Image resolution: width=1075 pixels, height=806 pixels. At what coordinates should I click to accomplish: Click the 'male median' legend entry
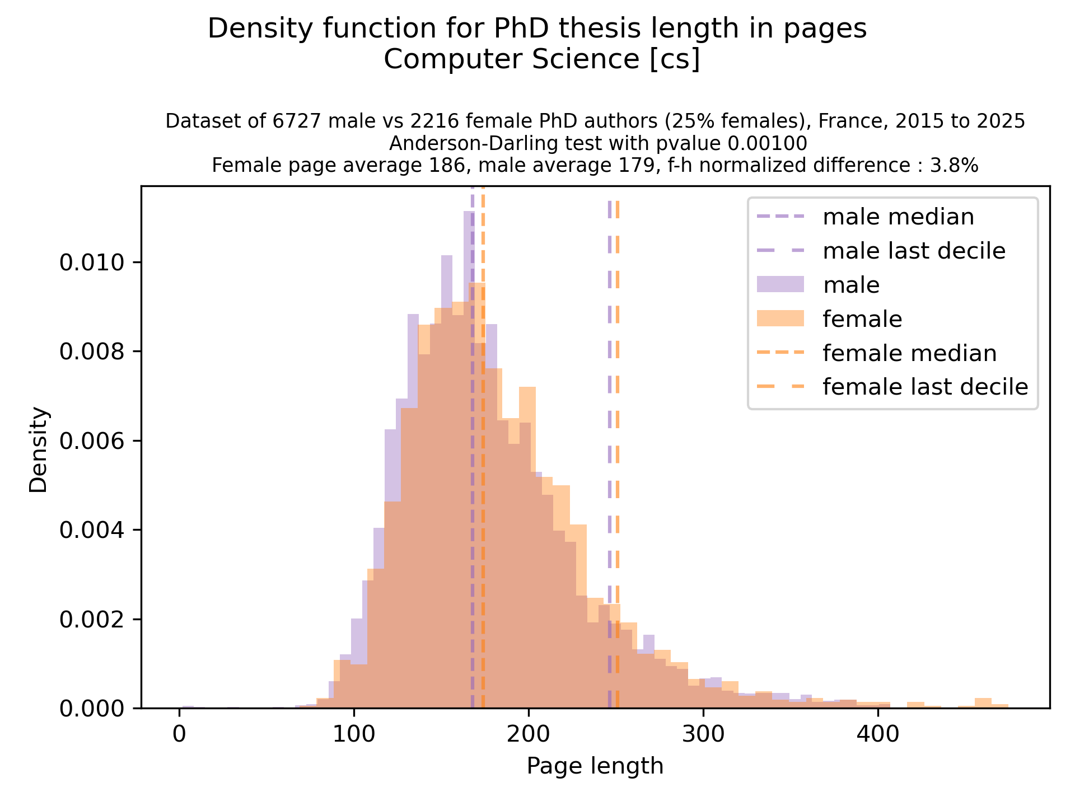(x=898, y=217)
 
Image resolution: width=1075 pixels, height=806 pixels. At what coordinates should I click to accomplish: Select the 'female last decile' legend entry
(x=925, y=387)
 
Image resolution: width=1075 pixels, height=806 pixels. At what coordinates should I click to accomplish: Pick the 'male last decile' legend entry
(x=914, y=251)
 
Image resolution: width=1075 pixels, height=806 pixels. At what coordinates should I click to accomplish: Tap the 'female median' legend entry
(x=909, y=353)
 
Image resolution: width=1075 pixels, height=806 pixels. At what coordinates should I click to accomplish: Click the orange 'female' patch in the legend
(x=780, y=319)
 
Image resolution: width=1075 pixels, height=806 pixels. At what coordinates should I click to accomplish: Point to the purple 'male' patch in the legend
(x=780, y=285)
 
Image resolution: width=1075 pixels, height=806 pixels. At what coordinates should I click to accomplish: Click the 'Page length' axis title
(x=595, y=766)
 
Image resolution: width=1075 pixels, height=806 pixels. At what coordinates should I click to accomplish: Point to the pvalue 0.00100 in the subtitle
(x=767, y=144)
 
